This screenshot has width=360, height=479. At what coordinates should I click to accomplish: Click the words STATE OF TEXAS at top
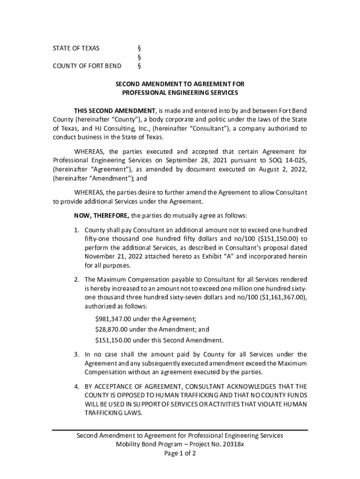coord(76,48)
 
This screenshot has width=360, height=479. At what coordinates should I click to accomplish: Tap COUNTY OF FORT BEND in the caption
coord(86,65)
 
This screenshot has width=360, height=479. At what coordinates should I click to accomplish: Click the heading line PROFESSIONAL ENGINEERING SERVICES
coord(180,93)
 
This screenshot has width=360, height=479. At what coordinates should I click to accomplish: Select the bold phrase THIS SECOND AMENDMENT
coord(115,110)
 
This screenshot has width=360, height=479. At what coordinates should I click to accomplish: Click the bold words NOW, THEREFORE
coord(101,216)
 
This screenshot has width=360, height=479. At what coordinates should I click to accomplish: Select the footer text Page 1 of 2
coord(180,453)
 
